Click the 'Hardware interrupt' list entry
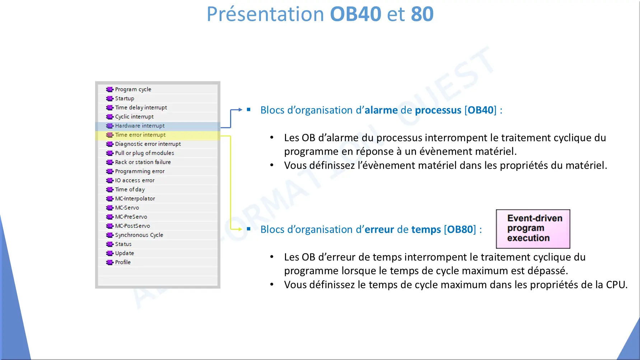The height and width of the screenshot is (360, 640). (x=140, y=126)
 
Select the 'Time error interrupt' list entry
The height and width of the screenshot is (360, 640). (x=140, y=135)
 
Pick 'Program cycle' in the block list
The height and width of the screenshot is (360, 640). (x=133, y=89)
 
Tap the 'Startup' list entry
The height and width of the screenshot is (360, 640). (x=125, y=98)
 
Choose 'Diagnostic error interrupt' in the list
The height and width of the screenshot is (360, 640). (x=148, y=144)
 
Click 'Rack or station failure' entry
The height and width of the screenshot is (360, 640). (x=143, y=162)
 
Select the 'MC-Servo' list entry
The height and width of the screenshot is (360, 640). (x=127, y=208)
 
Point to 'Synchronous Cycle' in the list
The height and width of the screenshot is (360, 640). (x=139, y=235)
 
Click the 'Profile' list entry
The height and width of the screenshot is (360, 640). (x=123, y=262)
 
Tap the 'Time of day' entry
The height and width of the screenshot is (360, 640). (x=130, y=190)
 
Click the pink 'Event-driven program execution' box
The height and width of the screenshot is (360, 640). (x=533, y=229)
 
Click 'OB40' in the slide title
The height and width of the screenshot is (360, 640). (x=355, y=14)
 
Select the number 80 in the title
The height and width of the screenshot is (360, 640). (x=422, y=14)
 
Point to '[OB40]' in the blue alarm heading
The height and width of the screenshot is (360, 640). (x=480, y=110)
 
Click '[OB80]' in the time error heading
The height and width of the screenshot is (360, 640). (x=460, y=230)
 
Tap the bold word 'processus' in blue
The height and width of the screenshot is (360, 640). (x=438, y=111)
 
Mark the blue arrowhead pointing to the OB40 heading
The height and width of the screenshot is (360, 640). (x=240, y=109)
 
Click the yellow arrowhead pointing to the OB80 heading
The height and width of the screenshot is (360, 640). (x=240, y=229)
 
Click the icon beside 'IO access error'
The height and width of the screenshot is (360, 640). (x=110, y=181)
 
